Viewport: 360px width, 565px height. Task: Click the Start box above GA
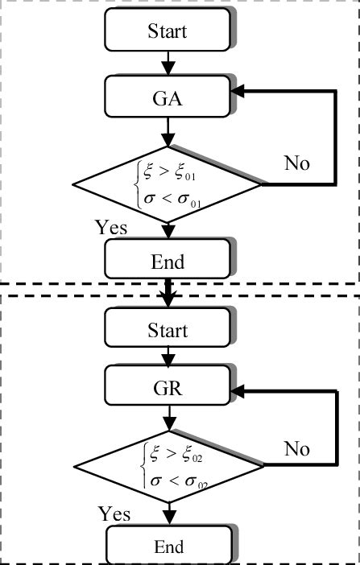167,31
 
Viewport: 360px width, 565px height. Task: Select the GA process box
167,99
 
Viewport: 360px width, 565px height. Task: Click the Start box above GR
167,331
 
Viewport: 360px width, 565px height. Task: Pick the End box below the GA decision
167,262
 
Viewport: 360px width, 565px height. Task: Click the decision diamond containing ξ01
168,184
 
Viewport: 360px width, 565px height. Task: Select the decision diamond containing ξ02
168,467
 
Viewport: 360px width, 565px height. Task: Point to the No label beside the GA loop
296,163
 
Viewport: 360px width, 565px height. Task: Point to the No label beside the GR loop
296,448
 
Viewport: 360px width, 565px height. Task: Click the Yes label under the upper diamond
110,228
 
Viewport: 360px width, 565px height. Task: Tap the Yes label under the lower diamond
114,513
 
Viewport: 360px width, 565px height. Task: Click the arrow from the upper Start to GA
168,61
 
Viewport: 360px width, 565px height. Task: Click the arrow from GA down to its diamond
168,131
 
